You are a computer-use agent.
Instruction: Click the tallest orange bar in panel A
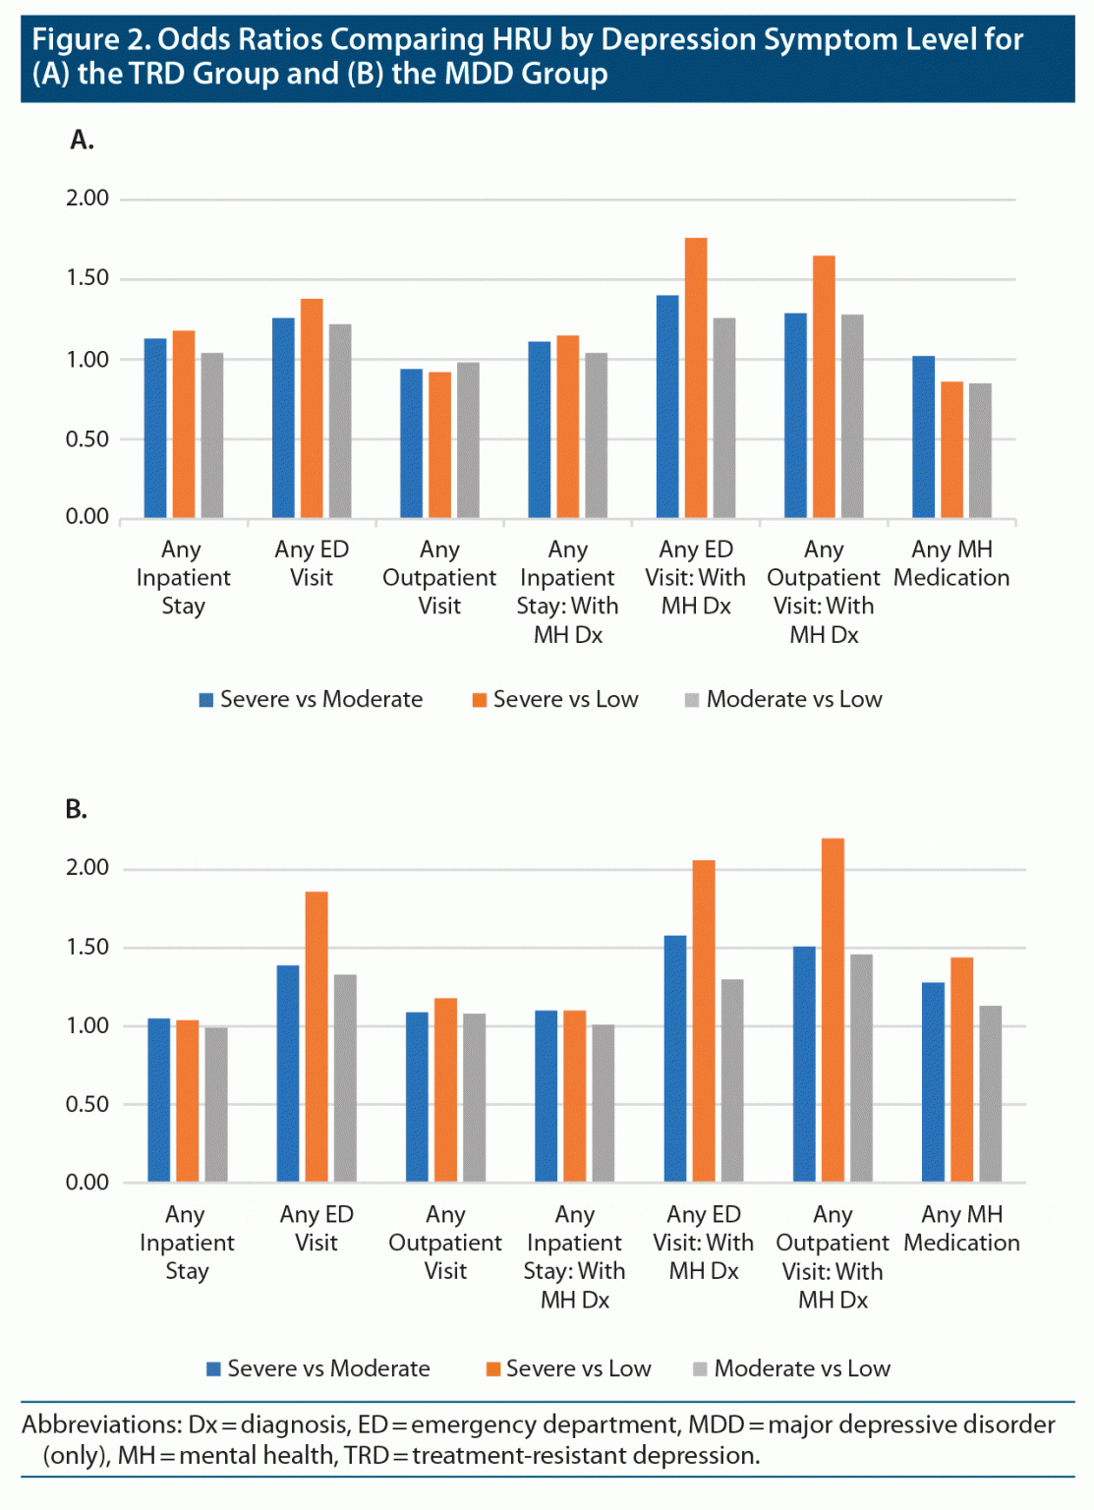(696, 378)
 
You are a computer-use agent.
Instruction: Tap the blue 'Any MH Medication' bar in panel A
(923, 437)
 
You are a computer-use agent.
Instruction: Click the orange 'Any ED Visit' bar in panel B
(317, 1037)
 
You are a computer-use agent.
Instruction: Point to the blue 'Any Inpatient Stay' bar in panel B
(159, 1100)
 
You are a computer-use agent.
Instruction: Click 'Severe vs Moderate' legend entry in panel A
(311, 699)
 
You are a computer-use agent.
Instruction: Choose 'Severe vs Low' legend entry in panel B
(568, 1368)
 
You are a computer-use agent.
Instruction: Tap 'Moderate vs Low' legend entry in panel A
(783, 699)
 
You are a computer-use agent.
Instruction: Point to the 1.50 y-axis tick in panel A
(87, 278)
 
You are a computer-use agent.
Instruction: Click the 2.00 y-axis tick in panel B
(87, 868)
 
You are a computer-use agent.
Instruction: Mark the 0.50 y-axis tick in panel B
(87, 1104)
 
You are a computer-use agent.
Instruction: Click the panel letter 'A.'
(83, 141)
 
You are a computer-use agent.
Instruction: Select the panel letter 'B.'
(77, 809)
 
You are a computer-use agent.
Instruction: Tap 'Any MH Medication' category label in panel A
(951, 563)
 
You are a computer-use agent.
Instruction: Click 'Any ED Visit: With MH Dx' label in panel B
(704, 1243)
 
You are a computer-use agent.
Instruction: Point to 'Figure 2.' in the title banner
(90, 39)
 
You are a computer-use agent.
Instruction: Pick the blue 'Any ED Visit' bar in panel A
(283, 418)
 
